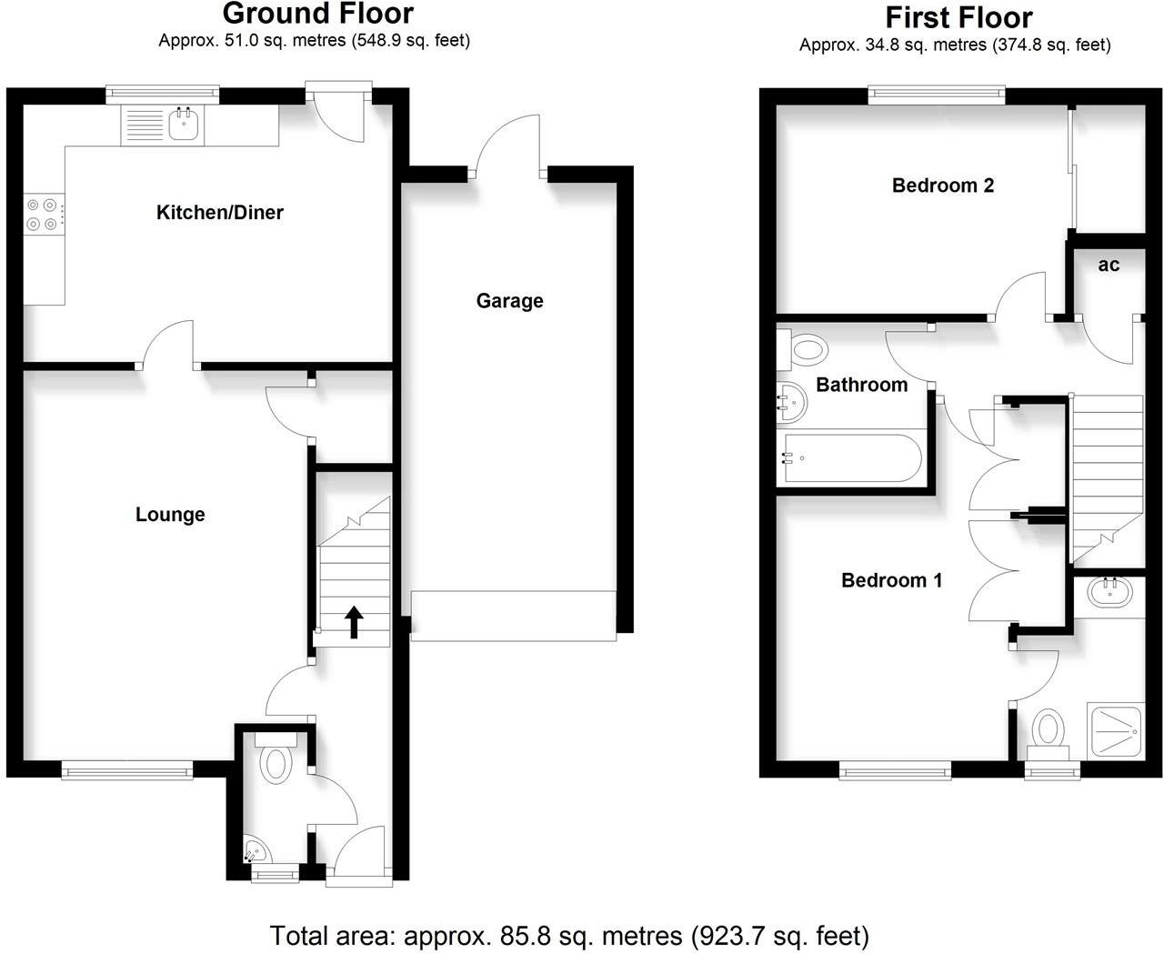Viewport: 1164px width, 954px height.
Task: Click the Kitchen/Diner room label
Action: tap(220, 213)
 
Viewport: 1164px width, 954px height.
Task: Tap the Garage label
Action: tap(509, 301)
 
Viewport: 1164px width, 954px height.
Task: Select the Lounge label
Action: tap(170, 515)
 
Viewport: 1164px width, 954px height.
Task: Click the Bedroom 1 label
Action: tap(891, 580)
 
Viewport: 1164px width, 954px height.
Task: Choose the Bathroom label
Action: tap(861, 385)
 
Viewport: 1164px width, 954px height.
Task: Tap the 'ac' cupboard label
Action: tap(1109, 265)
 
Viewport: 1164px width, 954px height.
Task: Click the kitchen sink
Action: tap(184, 125)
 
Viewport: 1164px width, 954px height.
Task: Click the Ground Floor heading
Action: tap(317, 14)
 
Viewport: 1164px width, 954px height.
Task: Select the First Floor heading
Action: tap(958, 17)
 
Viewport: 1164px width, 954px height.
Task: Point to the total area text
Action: tap(569, 935)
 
